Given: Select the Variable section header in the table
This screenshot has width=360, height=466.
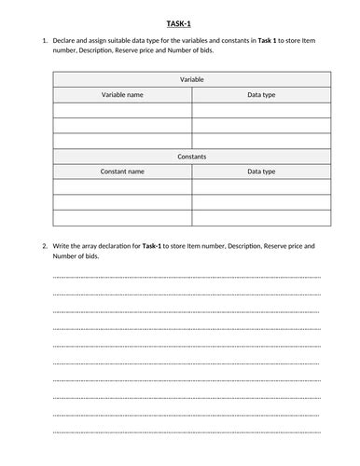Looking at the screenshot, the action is pyautogui.click(x=191, y=80).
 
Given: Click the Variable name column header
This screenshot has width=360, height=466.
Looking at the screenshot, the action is pyautogui.click(x=122, y=95).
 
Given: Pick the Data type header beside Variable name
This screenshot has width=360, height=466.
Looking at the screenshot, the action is pyautogui.click(x=261, y=95).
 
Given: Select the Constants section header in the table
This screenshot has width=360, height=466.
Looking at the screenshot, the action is pyautogui.click(x=191, y=157).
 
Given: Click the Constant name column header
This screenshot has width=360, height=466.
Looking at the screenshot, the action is pyautogui.click(x=122, y=171).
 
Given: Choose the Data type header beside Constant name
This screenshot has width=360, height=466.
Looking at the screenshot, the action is pyautogui.click(x=261, y=171).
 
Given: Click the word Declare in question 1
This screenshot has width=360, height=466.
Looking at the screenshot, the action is pyautogui.click(x=66, y=40).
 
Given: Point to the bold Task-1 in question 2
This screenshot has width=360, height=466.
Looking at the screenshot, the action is pyautogui.click(x=159, y=245).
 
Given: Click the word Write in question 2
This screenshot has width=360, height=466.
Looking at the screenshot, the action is pyautogui.click(x=62, y=245).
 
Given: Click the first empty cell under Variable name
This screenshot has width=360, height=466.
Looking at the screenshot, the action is pyautogui.click(x=122, y=111).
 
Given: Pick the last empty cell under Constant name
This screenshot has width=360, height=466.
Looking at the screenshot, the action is pyautogui.click(x=122, y=217).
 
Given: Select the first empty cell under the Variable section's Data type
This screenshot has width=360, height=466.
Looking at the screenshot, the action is pyautogui.click(x=261, y=111).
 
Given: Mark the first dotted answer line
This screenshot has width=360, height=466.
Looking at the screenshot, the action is pyautogui.click(x=187, y=278).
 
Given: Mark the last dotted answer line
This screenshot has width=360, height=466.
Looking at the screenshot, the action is pyautogui.click(x=187, y=432).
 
